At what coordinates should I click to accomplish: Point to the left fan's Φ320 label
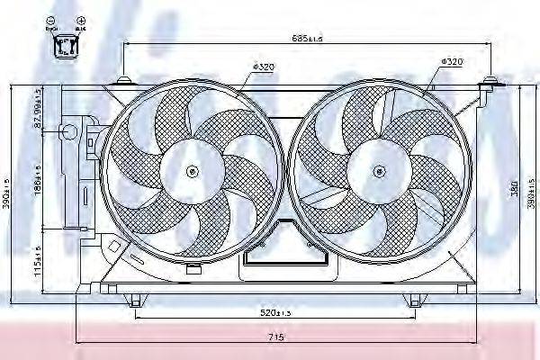263,67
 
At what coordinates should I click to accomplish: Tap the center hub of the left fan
192,171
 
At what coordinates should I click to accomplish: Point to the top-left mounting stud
121,83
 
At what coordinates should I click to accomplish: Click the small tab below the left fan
193,269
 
